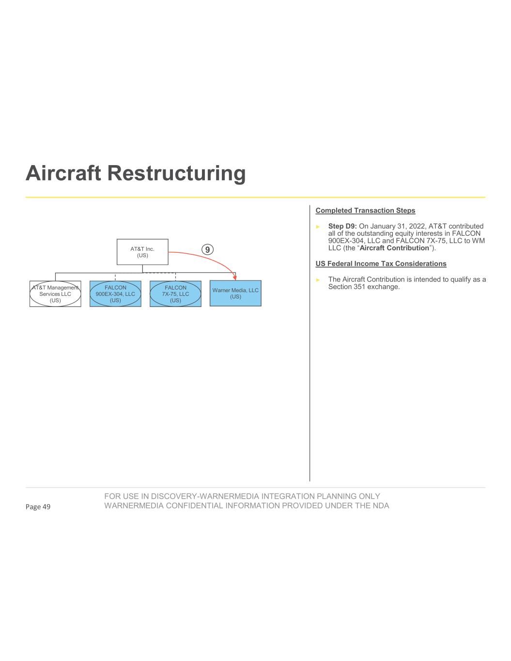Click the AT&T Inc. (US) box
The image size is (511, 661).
142,252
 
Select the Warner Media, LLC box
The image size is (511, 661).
235,293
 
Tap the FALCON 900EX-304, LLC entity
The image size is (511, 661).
115,294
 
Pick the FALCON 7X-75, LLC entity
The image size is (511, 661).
175,294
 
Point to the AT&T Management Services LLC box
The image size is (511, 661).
55,294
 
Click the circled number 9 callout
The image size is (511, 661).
207,249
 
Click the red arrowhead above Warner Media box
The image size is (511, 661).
235,277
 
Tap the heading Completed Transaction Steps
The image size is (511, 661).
365,211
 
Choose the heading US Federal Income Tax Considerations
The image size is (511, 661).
381,264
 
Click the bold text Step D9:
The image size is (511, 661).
342,226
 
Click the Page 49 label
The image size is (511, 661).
38,507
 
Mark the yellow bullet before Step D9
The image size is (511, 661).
318,227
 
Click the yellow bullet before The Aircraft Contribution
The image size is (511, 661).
318,280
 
